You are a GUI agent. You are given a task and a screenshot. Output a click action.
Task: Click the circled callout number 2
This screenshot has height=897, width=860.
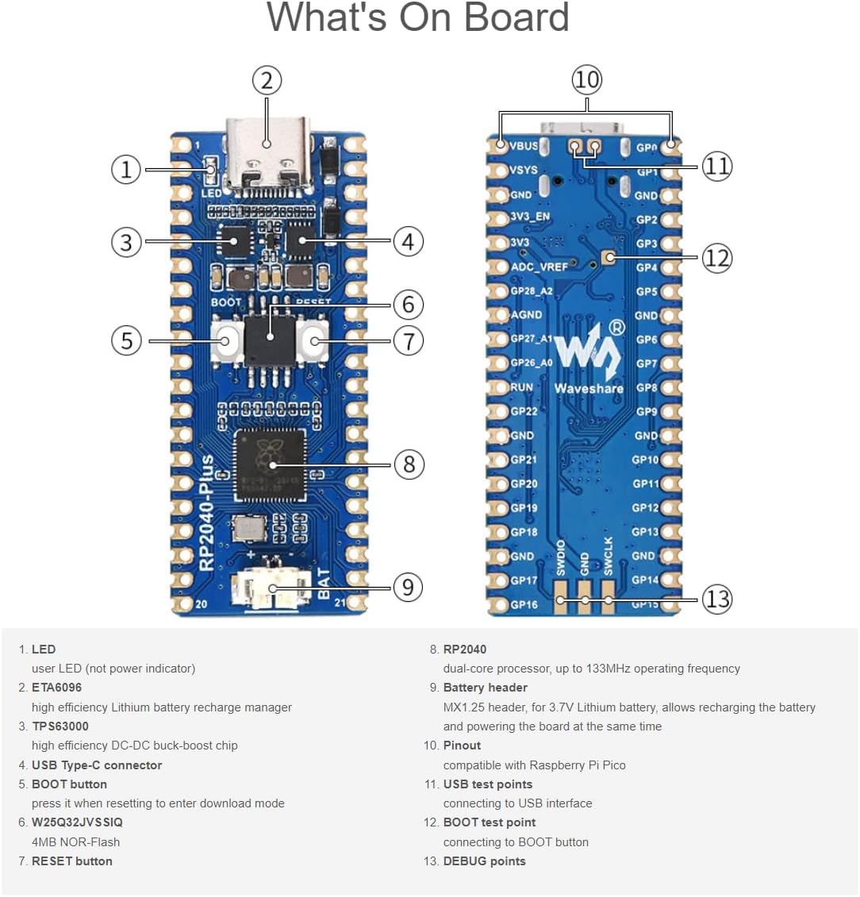coord(267,80)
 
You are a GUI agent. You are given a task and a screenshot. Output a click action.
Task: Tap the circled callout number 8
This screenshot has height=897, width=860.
coord(409,464)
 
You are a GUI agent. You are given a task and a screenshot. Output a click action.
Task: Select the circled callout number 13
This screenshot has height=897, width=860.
coord(717,599)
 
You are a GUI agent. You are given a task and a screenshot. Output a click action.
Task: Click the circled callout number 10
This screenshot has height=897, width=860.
coord(586,79)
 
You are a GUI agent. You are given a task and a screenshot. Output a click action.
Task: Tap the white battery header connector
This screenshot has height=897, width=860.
coord(270,592)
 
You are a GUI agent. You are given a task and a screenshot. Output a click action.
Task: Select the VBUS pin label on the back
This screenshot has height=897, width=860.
coord(524,146)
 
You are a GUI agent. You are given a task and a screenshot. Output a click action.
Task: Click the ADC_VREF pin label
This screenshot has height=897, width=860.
coord(539,267)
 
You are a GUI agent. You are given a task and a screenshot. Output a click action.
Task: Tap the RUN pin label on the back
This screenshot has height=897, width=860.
coord(522,387)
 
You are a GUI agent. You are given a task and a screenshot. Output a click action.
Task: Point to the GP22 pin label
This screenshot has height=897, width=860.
coord(524,412)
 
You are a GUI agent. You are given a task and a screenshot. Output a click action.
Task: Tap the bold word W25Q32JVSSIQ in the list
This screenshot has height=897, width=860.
coord(77,822)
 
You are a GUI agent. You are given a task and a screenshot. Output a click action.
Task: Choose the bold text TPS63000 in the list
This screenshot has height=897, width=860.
coord(60,726)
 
